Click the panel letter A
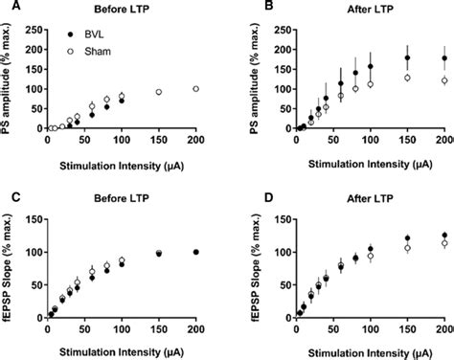coord(8,9)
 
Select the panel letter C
coord(8,198)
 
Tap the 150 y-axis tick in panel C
coord(34,219)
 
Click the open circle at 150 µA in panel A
coord(159,92)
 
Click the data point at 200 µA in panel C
coord(195,252)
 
